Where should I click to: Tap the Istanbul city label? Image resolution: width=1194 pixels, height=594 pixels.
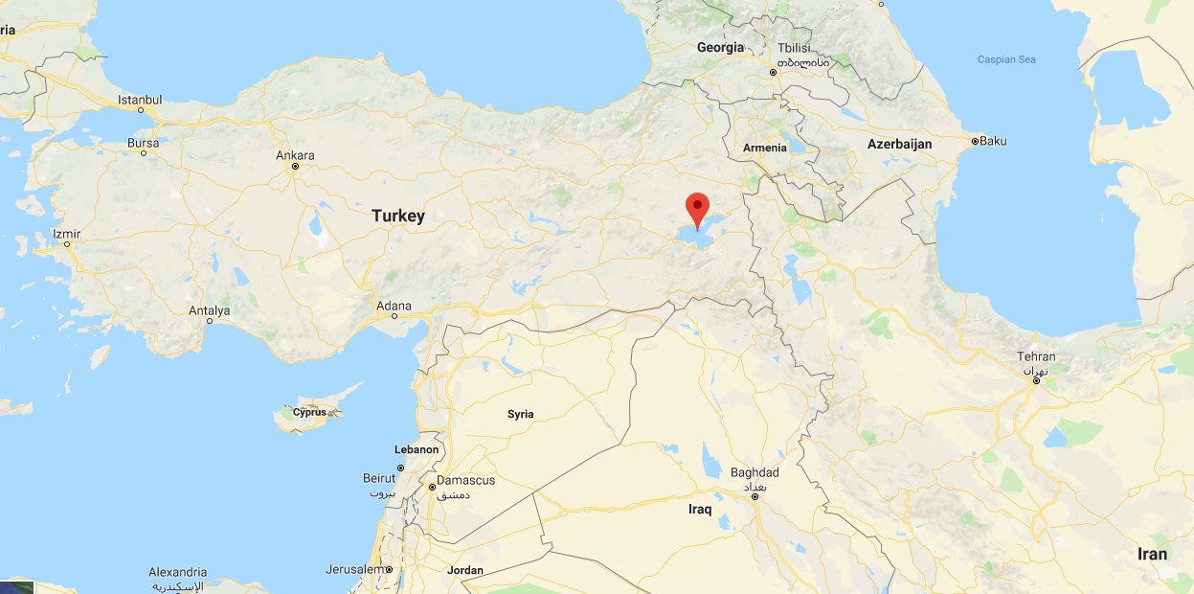(x=140, y=100)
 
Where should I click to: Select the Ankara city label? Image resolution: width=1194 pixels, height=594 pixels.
(x=295, y=155)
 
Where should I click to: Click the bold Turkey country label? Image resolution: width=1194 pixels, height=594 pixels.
(x=398, y=216)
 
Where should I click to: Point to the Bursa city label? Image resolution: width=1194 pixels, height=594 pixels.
(x=144, y=144)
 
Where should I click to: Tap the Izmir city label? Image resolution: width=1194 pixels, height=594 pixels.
(x=67, y=234)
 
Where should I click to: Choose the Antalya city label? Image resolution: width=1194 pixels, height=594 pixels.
(x=210, y=310)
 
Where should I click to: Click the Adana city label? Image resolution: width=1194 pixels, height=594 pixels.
(x=394, y=307)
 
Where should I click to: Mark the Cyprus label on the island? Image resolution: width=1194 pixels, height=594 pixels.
(x=309, y=412)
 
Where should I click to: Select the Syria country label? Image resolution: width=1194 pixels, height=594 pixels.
(x=521, y=414)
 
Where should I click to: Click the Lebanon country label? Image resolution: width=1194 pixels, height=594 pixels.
(x=417, y=449)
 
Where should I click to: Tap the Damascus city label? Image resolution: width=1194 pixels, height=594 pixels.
(x=465, y=480)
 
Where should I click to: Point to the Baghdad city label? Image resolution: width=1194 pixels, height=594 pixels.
(x=755, y=472)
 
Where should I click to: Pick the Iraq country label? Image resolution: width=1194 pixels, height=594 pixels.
(x=700, y=509)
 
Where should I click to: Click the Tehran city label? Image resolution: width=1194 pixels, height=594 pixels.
(x=1036, y=357)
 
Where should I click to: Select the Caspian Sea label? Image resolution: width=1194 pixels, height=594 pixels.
(x=1006, y=59)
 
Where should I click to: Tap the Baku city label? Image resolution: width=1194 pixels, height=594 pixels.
(x=993, y=141)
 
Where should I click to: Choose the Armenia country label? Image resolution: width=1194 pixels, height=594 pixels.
(x=765, y=148)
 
